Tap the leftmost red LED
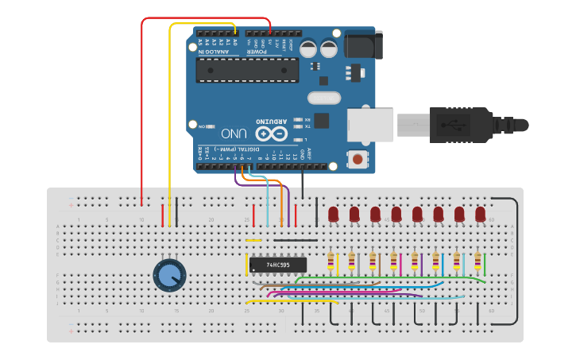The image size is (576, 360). point(334,214)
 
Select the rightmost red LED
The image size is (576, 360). point(480,214)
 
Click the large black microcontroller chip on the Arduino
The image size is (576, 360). point(248,70)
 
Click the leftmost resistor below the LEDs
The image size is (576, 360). point(331,260)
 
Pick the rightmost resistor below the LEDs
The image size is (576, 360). point(477,260)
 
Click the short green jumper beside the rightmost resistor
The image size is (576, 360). point(485,263)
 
